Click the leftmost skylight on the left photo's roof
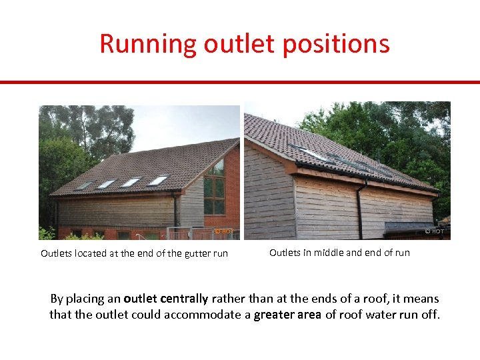(84, 185)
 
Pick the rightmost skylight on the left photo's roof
(158, 180)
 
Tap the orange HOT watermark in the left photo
(223, 231)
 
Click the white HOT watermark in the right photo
(434, 231)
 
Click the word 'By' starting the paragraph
(58, 299)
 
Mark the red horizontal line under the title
(240, 83)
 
